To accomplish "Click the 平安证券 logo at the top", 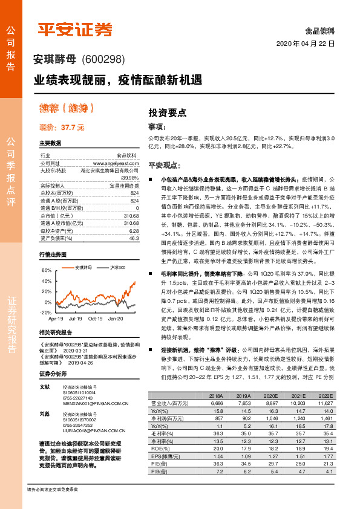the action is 75,28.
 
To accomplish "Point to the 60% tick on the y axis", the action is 47,270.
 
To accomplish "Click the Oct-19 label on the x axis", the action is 95,318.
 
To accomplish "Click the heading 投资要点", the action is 168,112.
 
